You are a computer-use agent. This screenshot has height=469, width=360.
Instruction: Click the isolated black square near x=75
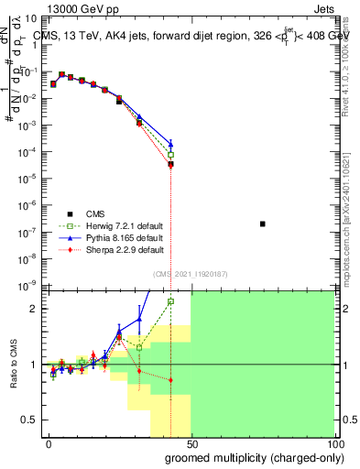coord(263,224)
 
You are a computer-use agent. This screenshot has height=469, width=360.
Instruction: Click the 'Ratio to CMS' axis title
coord(14,365)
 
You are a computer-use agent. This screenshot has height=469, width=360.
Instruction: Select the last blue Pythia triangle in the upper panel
coord(170,144)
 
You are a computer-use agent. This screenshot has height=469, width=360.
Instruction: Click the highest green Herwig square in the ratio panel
coord(170,301)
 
